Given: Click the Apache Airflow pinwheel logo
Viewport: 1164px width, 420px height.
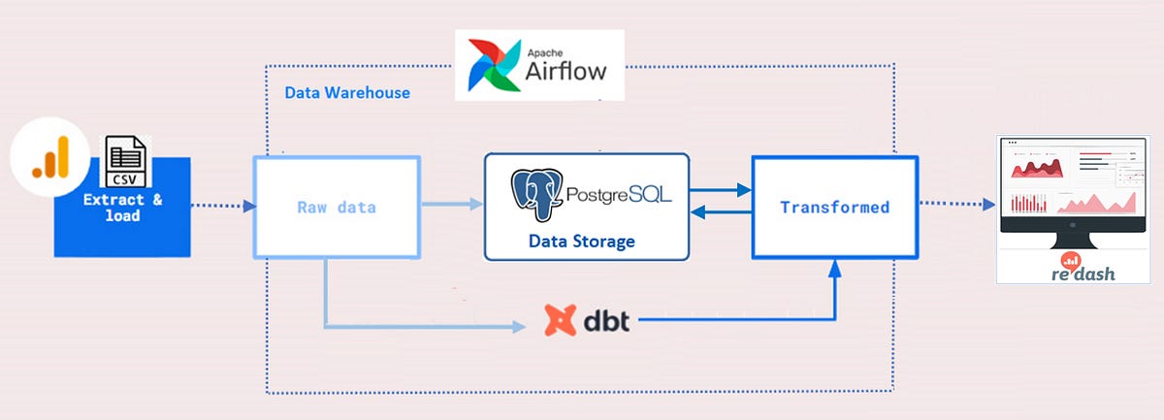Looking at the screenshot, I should coord(493,65).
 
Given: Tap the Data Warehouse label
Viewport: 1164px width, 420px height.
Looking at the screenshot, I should coord(346,93).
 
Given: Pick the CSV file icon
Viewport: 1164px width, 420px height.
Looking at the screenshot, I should coord(126,160).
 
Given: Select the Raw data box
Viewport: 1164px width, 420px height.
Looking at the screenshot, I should coord(336,208).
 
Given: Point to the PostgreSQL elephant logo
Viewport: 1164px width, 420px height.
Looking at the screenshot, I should coord(539,197).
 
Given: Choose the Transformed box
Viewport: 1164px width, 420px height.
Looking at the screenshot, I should coord(835,207).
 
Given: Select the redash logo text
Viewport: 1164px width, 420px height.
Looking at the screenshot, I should coord(1084,274).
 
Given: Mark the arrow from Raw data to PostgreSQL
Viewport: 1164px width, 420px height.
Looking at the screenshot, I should coord(451,205).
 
